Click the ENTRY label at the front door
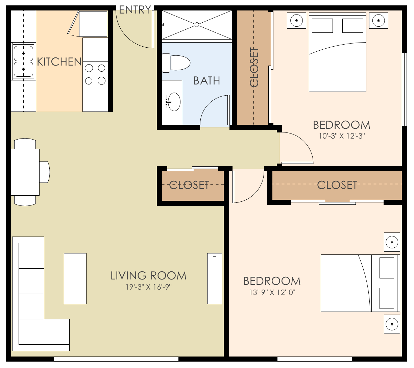pyautogui.click(x=135, y=10)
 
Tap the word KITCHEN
pyautogui.click(x=59, y=62)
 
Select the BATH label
pyautogui.click(x=206, y=81)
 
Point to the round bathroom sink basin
pyautogui.click(x=174, y=101)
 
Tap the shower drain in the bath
pyautogui.click(x=197, y=25)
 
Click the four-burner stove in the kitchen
pyautogui.click(x=95, y=74)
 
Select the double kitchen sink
pyautogui.click(x=23, y=61)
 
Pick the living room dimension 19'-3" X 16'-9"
pyautogui.click(x=149, y=287)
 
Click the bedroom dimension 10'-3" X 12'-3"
pyautogui.click(x=342, y=136)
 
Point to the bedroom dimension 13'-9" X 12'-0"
pyautogui.click(x=272, y=292)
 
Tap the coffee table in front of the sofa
pyautogui.click(x=75, y=278)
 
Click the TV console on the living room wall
pyautogui.click(x=215, y=278)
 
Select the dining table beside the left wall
pyautogui.click(x=25, y=172)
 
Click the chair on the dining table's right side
pyautogui.click(x=45, y=172)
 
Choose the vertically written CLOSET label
pyautogui.click(x=254, y=67)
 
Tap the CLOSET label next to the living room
pyautogui.click(x=189, y=185)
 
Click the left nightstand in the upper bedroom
pyautogui.click(x=296, y=21)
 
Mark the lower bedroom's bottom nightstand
pyautogui.click(x=392, y=324)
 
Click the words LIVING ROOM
pyautogui.click(x=148, y=276)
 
